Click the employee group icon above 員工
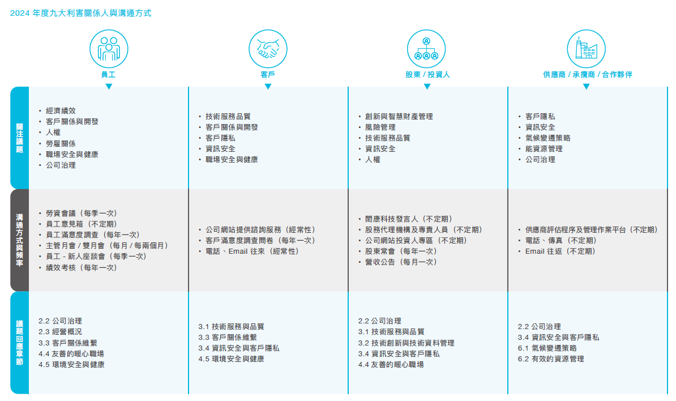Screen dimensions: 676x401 click(109, 49)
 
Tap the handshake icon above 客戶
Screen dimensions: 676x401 click(268, 49)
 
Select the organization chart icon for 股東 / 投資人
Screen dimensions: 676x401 click(426, 49)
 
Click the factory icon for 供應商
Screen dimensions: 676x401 click(587, 49)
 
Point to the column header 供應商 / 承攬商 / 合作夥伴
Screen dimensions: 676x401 click(588, 75)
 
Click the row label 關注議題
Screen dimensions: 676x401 click(19, 138)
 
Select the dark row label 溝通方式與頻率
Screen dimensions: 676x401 click(19, 240)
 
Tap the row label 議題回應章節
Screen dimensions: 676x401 click(19, 342)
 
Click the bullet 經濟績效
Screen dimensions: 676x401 click(61, 111)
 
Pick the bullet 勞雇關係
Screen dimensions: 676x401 click(61, 144)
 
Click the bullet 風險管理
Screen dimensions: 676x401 click(380, 127)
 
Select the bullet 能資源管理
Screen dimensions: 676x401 click(544, 149)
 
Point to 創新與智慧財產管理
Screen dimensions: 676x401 click(399, 117)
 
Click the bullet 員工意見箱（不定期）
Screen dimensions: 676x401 click(82, 224)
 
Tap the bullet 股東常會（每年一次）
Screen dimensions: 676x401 click(401, 251)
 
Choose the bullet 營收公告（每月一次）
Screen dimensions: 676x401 click(401, 262)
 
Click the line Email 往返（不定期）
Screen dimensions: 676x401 click(561, 251)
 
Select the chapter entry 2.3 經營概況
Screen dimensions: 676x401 click(61, 331)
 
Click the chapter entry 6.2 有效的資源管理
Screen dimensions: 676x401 click(551, 359)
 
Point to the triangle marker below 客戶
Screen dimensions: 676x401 click(268, 86)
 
